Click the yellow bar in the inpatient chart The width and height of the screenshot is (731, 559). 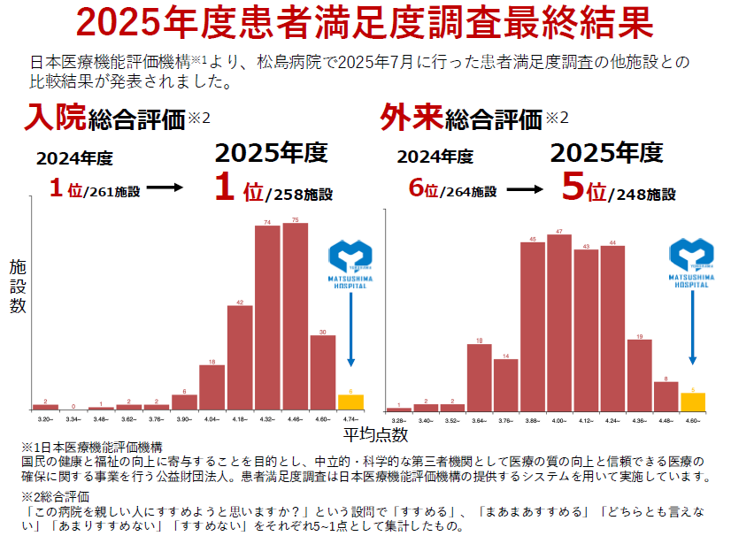pos(350,402)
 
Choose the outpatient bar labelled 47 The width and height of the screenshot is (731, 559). pos(558,322)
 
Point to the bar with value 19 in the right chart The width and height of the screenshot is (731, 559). pos(639,374)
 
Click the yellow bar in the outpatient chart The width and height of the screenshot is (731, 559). pos(692,401)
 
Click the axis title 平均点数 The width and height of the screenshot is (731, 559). pos(375,434)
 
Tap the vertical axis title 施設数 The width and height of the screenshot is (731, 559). pos(18,285)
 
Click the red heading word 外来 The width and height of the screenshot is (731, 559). pos(411,116)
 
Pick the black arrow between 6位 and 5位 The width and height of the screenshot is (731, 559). pos(524,189)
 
